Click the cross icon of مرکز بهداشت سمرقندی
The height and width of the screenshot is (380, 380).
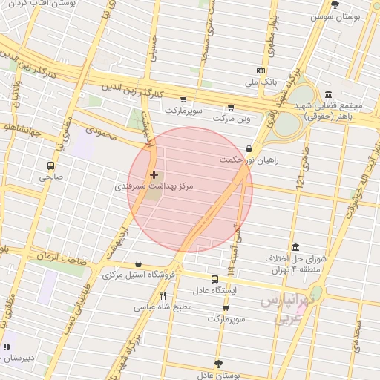point(154,175)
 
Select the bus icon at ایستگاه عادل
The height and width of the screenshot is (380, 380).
point(214,279)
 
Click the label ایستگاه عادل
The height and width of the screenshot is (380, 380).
point(214,290)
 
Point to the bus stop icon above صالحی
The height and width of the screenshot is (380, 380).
point(50,166)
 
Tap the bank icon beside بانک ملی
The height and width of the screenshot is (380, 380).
point(260,71)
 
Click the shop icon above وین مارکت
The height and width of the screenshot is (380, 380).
point(231,107)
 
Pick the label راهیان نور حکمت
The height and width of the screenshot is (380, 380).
point(249,160)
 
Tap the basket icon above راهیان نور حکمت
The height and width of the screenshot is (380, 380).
point(249,148)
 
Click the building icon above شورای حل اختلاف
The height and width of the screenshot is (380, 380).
point(295,247)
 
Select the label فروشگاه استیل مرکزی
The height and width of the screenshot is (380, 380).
point(139,275)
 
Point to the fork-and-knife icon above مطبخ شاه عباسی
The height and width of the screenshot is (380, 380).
point(163,295)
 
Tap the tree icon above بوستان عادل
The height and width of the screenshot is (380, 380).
point(217,364)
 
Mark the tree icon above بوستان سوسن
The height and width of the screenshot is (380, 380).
point(335,4)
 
